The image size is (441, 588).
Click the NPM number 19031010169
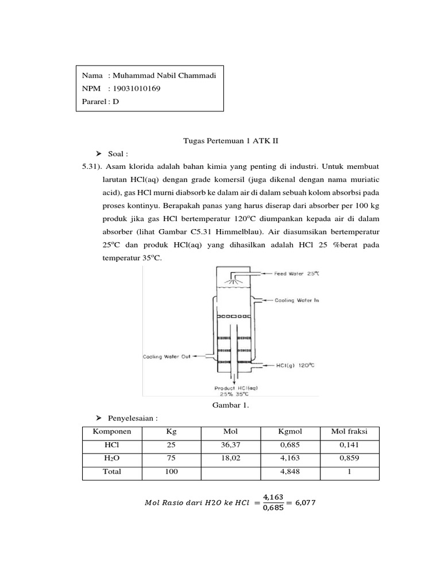tap(137, 89)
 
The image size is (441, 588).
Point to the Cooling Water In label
tap(296, 300)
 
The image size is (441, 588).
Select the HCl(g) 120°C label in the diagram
tap(295, 364)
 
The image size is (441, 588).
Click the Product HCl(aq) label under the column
tap(236, 388)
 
